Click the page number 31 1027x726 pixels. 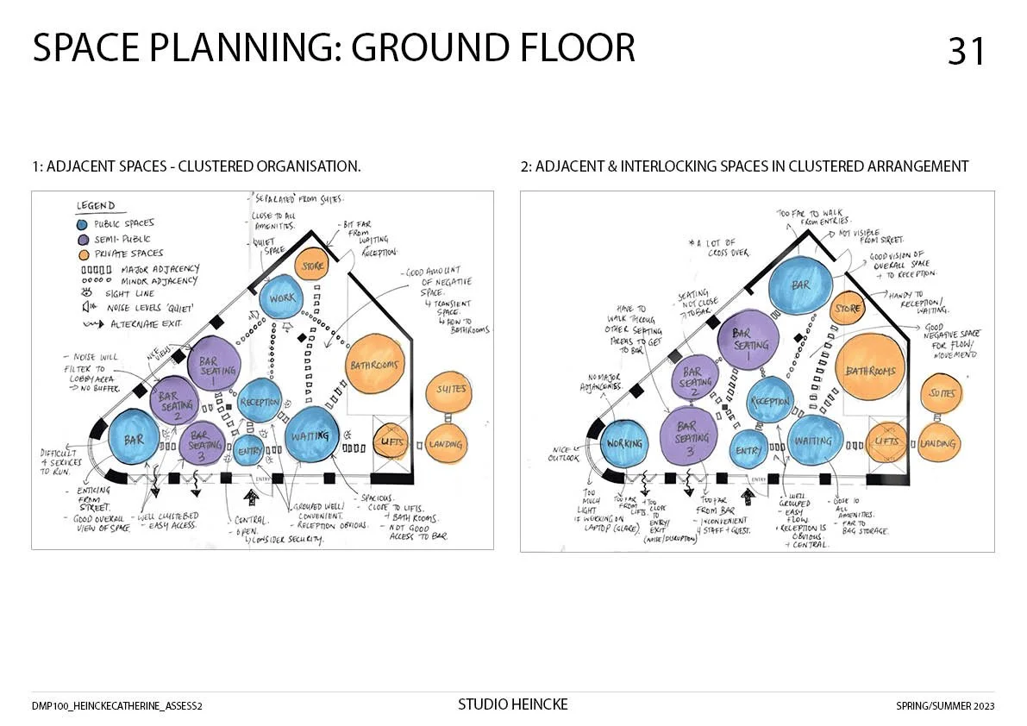click(966, 52)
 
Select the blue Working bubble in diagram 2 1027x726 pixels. click(624, 443)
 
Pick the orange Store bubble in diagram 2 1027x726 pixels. click(849, 308)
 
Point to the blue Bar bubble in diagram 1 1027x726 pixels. click(135, 439)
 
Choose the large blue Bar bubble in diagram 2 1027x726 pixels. click(802, 285)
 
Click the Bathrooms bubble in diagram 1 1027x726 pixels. click(374, 366)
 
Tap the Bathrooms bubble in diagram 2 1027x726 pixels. click(871, 372)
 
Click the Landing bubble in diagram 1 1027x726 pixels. click(446, 445)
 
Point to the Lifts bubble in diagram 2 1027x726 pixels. click(886, 442)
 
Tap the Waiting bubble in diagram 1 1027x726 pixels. click(310, 436)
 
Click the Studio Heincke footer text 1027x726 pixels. click(512, 705)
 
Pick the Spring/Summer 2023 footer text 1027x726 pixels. click(945, 706)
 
